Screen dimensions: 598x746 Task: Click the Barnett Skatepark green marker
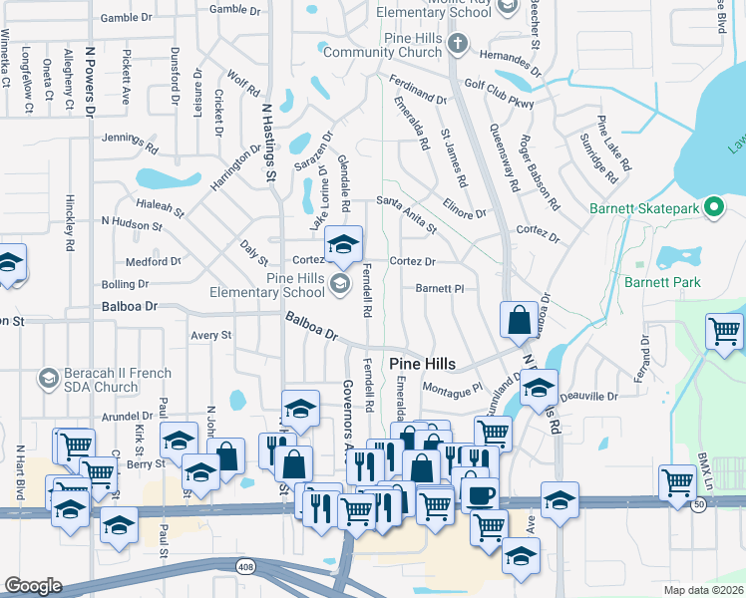click(x=714, y=207)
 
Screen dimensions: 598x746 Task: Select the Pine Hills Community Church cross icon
click(x=457, y=43)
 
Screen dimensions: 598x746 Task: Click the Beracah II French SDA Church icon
click(x=48, y=378)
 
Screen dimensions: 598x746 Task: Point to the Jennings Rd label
click(x=130, y=142)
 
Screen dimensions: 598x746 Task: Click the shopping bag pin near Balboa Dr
click(x=519, y=321)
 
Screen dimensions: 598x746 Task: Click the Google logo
click(x=33, y=586)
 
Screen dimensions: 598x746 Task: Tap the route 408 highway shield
click(x=244, y=566)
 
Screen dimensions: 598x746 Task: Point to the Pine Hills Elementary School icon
click(x=340, y=286)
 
